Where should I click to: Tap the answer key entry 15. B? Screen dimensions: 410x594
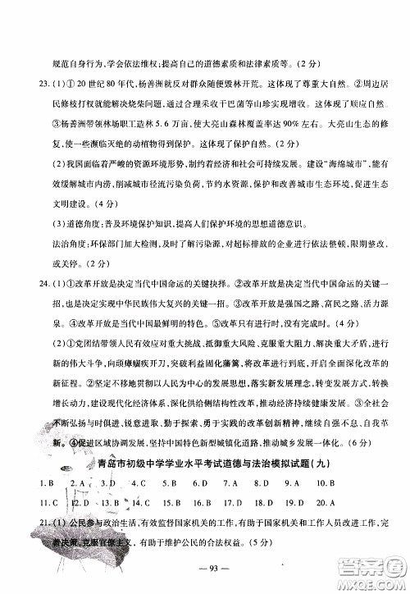pos(171,502)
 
